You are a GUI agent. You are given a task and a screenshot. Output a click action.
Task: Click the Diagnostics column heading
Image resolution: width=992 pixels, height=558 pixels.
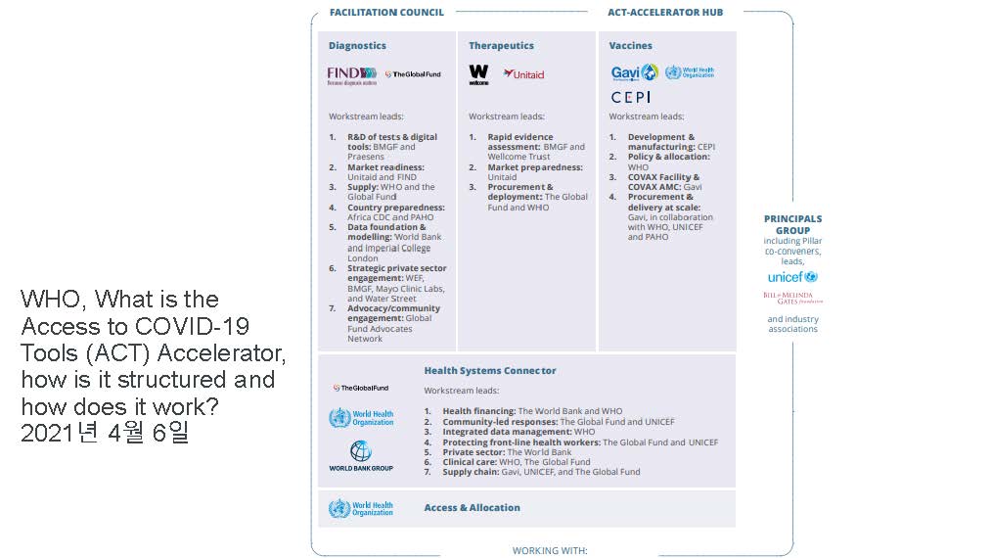coord(357,46)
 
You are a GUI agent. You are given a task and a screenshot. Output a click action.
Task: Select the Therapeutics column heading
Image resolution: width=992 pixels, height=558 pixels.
coord(501,46)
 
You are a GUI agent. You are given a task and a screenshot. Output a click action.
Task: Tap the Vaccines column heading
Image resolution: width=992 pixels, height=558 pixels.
coord(630,46)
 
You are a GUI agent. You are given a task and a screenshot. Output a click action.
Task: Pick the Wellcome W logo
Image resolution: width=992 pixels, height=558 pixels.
coord(478,74)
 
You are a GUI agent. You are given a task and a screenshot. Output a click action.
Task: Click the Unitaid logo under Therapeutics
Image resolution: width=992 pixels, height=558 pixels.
coord(523,74)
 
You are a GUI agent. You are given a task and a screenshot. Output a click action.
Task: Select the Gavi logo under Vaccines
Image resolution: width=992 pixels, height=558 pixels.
coord(634,72)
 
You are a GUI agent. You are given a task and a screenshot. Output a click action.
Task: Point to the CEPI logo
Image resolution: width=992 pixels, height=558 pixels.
coord(630,97)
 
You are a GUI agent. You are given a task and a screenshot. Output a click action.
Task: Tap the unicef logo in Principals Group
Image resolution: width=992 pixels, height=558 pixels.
coord(792,277)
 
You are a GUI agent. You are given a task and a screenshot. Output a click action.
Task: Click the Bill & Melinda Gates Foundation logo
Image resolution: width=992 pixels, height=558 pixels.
coord(792,298)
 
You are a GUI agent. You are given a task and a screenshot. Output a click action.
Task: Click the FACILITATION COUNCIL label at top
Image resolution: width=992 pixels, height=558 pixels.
coord(386,13)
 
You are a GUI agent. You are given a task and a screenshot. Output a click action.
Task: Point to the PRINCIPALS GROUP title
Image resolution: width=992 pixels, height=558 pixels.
coord(792,224)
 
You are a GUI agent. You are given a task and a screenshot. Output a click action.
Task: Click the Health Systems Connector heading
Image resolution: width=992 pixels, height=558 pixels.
coord(489,371)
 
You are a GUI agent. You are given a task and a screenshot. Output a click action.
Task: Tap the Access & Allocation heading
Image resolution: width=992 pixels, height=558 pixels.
coord(472,508)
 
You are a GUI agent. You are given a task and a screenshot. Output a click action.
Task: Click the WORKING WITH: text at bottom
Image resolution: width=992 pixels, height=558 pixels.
coord(550,550)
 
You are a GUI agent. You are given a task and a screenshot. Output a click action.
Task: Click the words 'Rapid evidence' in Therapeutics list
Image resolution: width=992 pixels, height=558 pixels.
coord(520,137)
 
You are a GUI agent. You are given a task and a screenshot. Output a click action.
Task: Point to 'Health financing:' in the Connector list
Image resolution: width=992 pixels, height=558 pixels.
coord(478,411)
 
